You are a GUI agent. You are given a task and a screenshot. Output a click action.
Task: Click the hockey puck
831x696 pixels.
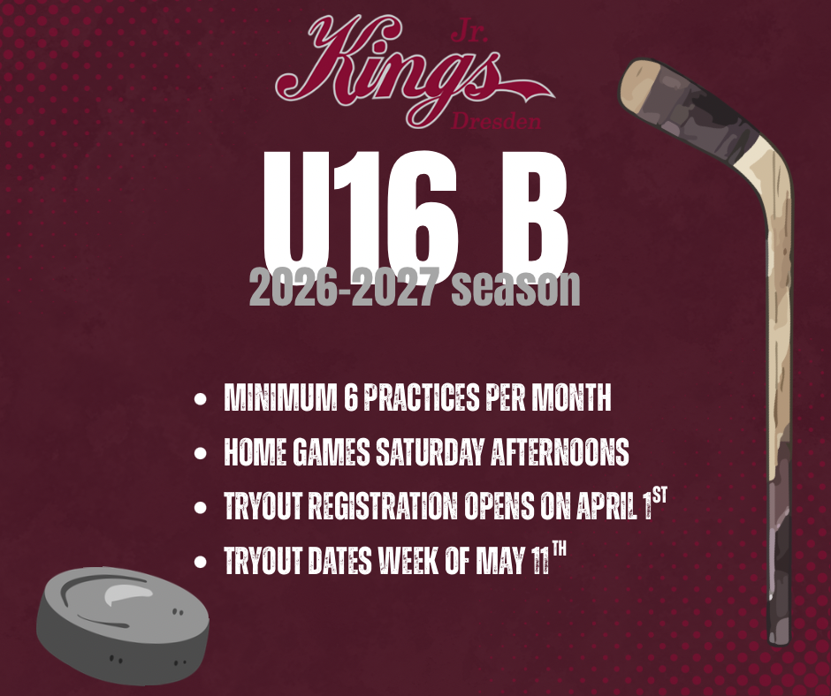[123, 625]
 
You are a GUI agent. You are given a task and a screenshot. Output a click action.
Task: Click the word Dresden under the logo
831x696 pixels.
[496, 122]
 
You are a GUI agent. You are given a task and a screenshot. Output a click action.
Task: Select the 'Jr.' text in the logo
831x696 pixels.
[469, 34]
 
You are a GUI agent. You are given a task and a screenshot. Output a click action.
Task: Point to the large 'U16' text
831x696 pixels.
[361, 212]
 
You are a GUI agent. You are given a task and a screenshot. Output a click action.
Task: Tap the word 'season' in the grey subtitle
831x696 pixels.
[515, 287]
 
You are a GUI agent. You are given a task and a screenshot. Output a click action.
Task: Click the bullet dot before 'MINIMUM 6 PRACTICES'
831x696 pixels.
[201, 398]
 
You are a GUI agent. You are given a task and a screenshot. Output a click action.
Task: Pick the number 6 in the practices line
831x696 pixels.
[350, 397]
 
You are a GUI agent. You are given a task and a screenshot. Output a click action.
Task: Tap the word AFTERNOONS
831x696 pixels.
[560, 452]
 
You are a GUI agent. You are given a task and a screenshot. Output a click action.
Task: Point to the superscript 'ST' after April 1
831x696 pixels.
[659, 496]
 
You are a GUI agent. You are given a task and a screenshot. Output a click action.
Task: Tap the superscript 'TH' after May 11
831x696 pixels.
[559, 549]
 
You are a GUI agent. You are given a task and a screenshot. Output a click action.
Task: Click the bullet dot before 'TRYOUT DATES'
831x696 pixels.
[201, 562]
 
